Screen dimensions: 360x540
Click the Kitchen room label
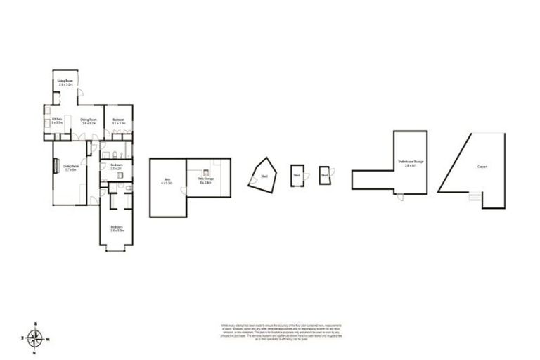point(58,120)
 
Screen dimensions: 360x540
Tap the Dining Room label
point(88,121)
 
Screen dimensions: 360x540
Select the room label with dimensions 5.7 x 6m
point(71,168)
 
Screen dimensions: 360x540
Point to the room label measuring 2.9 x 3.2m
point(66,83)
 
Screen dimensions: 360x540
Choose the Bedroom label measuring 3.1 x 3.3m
point(117,121)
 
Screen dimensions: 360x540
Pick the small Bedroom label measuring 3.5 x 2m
point(116,167)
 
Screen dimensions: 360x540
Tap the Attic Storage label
point(206,181)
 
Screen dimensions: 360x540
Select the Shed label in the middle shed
point(297,175)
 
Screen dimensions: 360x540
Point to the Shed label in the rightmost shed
point(324,175)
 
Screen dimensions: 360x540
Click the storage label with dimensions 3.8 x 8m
point(411,165)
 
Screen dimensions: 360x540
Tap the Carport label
point(482,167)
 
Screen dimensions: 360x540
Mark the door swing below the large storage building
point(400,198)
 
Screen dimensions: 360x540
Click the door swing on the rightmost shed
point(332,173)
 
